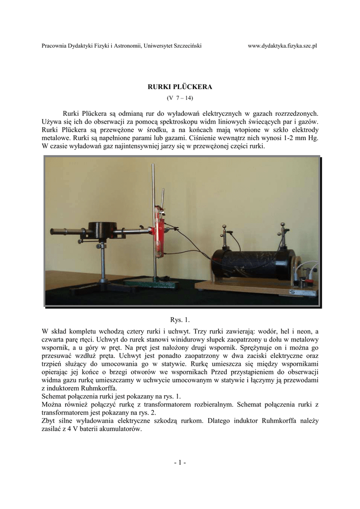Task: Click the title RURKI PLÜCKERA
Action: point(180,86)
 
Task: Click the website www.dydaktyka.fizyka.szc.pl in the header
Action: point(282,46)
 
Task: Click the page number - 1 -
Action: point(180,463)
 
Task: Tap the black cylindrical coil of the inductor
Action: point(249,263)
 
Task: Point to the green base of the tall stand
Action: point(144,283)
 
